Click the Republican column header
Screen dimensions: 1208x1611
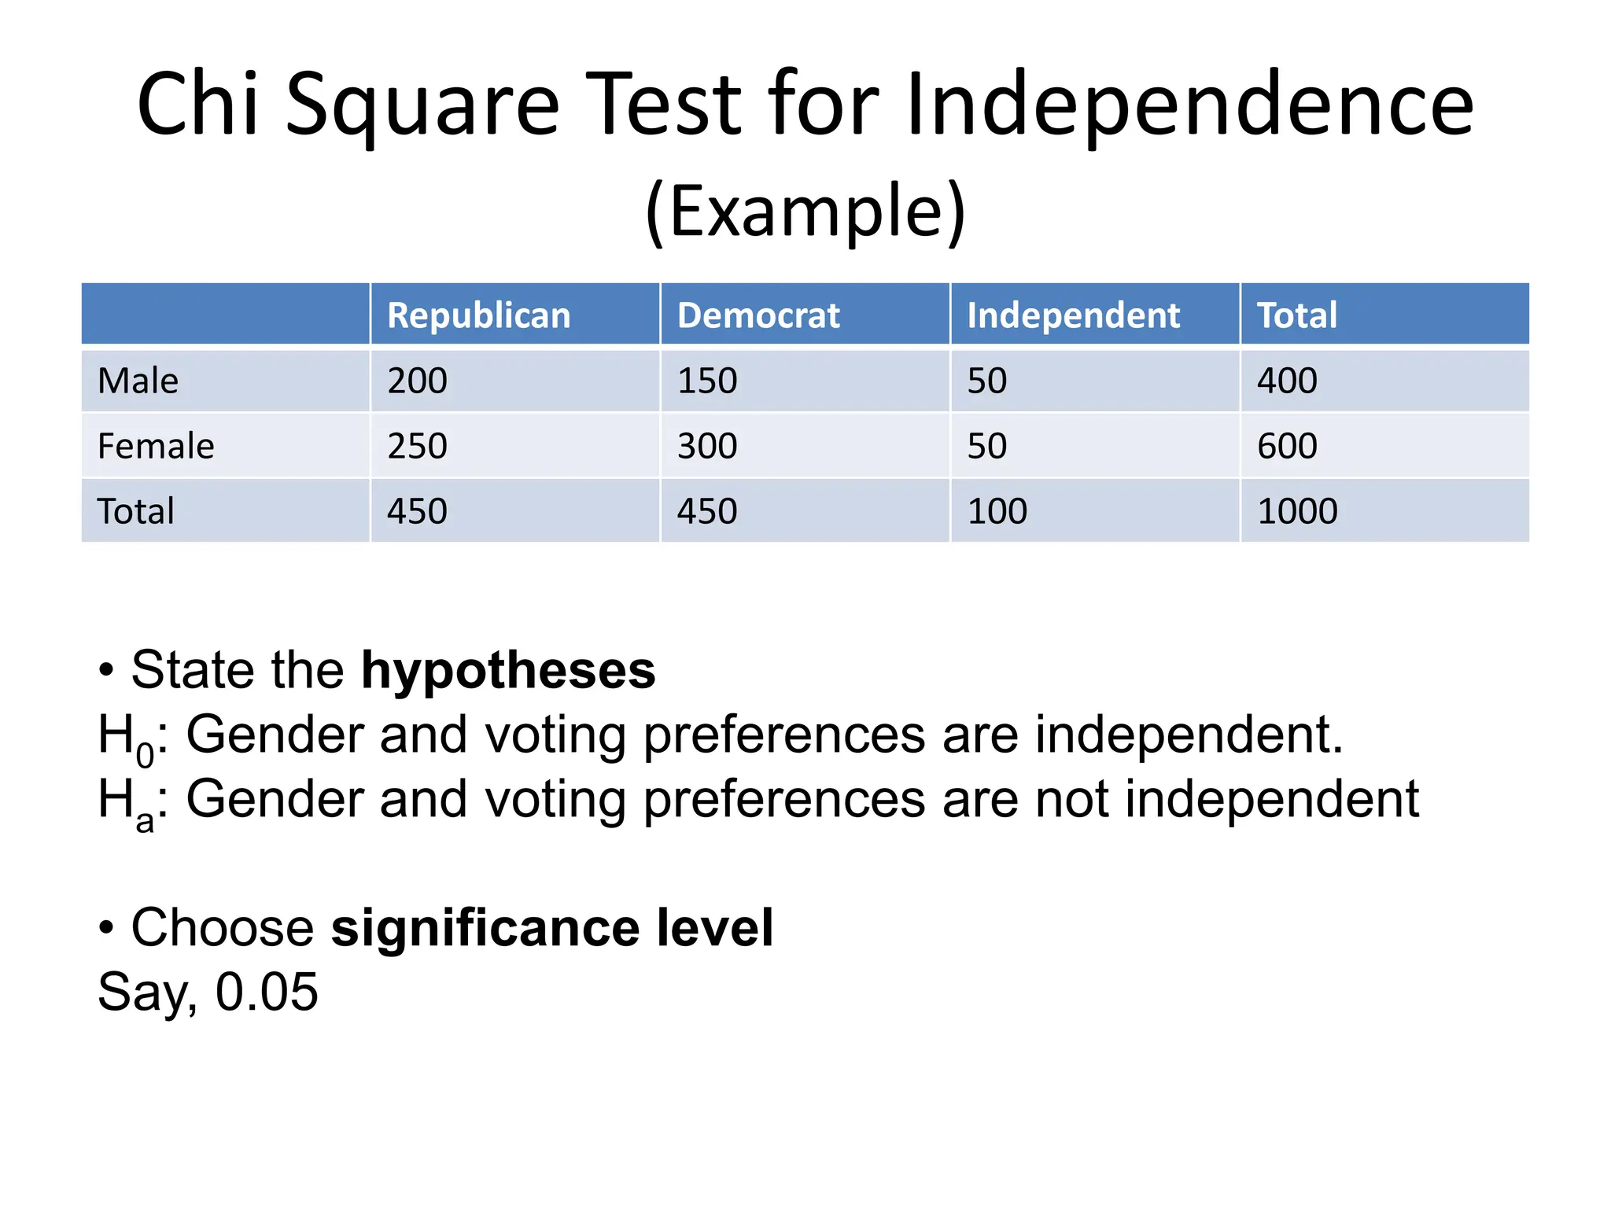click(478, 315)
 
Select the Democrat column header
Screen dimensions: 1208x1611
click(758, 315)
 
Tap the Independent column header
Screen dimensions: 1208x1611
click(1073, 315)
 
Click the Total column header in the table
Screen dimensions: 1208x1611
click(1296, 315)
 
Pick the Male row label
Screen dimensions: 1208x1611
click(138, 381)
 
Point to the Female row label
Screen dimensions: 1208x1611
click(156, 446)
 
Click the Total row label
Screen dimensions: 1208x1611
click(135, 511)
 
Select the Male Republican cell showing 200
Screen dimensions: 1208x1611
click(417, 381)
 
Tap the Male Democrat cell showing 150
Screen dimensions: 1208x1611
click(707, 381)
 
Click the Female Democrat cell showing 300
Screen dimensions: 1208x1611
click(707, 446)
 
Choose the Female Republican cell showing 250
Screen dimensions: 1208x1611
click(417, 446)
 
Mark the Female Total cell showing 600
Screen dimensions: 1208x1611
click(1287, 446)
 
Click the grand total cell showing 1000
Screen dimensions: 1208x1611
click(1297, 511)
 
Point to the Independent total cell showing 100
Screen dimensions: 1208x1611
click(997, 511)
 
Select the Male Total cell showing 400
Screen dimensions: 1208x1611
click(1287, 381)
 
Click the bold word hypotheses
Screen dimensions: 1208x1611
click(508, 670)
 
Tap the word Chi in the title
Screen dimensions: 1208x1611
click(197, 105)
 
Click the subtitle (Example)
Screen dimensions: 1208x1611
click(805, 211)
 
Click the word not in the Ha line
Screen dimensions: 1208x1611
click(1072, 799)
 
